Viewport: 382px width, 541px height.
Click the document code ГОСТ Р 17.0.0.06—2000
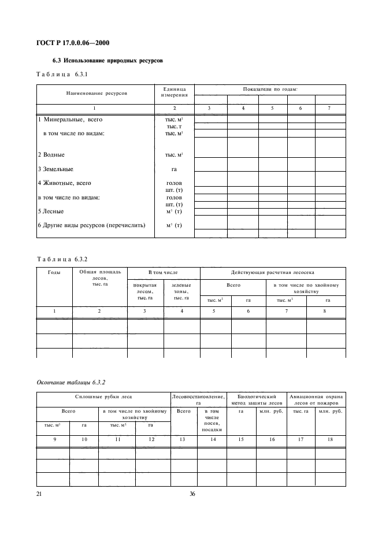click(73, 43)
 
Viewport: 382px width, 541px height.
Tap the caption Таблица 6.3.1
click(62, 75)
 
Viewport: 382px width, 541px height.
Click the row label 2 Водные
click(51, 155)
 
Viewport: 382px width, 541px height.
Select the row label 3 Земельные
click(55, 169)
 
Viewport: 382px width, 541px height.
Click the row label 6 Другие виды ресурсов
click(91, 225)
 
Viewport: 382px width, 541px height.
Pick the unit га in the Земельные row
click(174, 169)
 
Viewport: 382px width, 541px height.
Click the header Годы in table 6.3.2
click(54, 272)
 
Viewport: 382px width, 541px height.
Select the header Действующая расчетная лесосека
click(273, 272)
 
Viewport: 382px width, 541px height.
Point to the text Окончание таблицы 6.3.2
click(65, 382)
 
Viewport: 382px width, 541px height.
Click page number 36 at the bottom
click(193, 494)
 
